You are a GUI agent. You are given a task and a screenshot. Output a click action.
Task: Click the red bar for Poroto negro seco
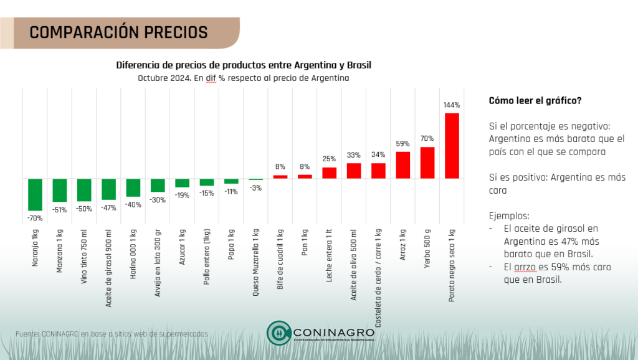tap(452, 146)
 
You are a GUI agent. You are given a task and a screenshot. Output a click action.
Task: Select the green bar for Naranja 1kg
tap(35, 194)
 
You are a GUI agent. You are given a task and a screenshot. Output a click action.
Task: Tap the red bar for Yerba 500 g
tap(427, 163)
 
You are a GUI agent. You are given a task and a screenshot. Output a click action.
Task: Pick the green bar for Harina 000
tap(133, 187)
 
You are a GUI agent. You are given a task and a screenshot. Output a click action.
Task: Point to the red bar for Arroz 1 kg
tap(403, 165)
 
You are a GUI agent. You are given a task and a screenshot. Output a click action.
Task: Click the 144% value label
tap(452, 105)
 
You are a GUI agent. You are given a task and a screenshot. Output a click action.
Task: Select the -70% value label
tap(35, 218)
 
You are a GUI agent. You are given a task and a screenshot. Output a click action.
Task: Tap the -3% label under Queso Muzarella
tap(256, 188)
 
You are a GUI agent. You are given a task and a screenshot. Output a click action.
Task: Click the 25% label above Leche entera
tap(330, 159)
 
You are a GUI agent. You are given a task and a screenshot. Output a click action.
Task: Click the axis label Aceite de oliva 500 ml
tap(354, 265)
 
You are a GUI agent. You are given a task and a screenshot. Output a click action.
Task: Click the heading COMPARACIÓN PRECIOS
tap(118, 32)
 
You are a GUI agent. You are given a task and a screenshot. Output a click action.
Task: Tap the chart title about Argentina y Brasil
tap(244, 65)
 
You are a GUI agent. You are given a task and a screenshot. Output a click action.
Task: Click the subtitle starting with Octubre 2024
tap(244, 78)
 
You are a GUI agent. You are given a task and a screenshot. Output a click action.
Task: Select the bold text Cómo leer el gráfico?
tap(535, 101)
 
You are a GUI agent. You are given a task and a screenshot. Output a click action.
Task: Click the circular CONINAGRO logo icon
tap(279, 333)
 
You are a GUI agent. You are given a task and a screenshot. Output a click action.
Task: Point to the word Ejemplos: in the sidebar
tap(509, 216)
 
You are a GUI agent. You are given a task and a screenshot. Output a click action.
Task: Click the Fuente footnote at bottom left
tap(112, 334)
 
